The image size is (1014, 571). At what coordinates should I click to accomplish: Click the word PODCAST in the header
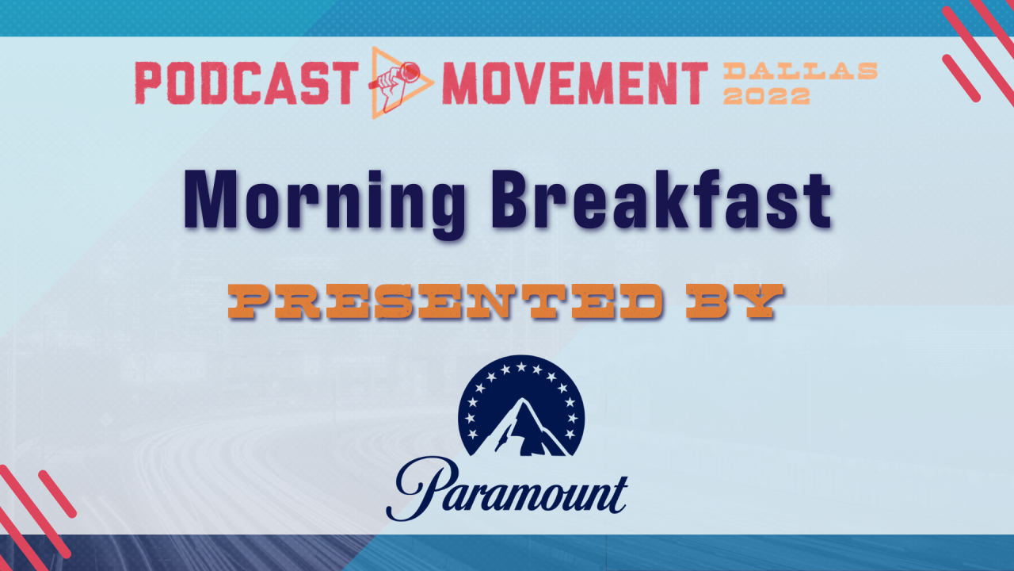[242, 82]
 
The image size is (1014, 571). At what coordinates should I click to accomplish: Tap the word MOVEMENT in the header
[574, 82]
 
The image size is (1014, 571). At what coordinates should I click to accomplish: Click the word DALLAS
[800, 71]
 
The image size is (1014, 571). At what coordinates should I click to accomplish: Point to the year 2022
[766, 96]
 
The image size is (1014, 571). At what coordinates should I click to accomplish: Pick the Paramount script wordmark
[507, 489]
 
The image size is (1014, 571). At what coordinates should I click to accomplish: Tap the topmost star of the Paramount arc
[520, 366]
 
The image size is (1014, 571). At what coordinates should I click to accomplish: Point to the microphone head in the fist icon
[411, 72]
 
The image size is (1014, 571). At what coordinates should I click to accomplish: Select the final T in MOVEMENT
[695, 82]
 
